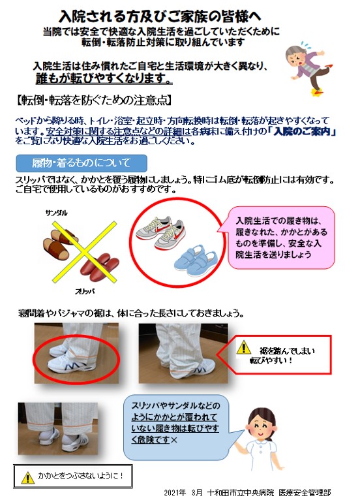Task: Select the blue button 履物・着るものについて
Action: click(x=82, y=163)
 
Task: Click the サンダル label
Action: click(x=56, y=213)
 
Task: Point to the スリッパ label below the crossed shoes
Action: click(x=85, y=291)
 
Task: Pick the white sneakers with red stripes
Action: click(x=160, y=232)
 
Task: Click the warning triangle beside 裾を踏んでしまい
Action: click(x=244, y=347)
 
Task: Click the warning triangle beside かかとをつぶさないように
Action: click(x=28, y=477)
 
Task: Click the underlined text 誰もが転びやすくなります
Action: click(x=104, y=78)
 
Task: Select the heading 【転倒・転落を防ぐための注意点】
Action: click(x=93, y=101)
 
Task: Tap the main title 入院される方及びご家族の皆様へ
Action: click(x=160, y=16)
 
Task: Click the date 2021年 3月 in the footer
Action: click(x=183, y=492)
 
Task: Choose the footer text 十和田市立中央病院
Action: click(x=241, y=492)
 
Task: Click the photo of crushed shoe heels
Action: click(x=58, y=429)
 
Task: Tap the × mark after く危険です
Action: click(x=174, y=440)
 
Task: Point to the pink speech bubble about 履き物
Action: click(x=281, y=237)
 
